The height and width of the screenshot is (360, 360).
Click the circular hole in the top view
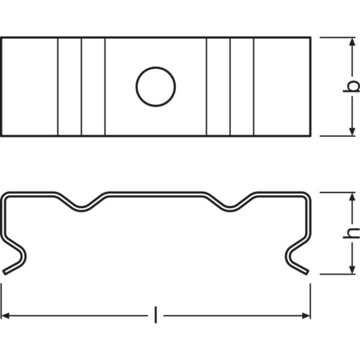[155, 87]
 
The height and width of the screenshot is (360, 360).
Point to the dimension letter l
[155, 314]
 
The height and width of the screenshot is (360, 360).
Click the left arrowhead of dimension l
[6, 314]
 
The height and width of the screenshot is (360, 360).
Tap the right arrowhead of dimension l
[305, 314]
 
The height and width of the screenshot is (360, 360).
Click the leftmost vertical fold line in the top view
[58, 87]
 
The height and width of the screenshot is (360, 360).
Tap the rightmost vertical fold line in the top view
[254, 87]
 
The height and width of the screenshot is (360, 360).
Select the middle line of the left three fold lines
[82, 87]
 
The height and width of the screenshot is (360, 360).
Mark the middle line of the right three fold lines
[230, 87]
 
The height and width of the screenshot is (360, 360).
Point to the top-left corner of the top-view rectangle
[1, 38]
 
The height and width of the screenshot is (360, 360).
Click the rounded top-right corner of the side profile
[307, 197]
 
